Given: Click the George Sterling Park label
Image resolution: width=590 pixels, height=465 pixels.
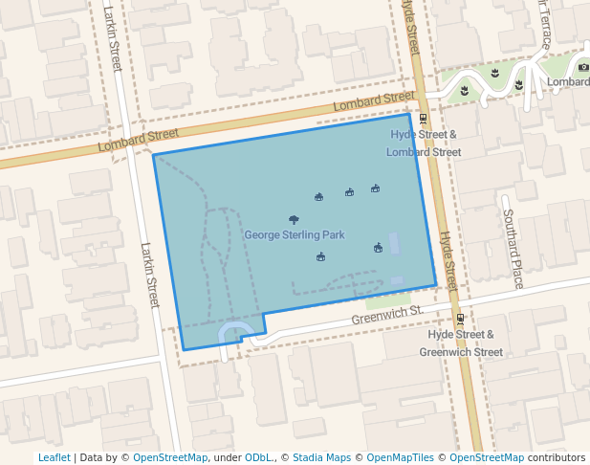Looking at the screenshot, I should (294, 234).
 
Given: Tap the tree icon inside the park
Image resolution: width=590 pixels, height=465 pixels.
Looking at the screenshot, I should (294, 220).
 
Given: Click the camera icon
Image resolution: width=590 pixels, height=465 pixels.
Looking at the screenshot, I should (583, 67).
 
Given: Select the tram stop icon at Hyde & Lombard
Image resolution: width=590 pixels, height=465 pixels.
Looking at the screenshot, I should (424, 118).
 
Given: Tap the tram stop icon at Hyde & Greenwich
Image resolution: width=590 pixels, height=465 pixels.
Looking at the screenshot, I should (460, 319).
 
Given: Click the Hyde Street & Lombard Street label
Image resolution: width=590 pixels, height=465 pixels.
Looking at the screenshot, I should (424, 144).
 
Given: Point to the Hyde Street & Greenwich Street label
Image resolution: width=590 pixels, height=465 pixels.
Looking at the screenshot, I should (465, 343).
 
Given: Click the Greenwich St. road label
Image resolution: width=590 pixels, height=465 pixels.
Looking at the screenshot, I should (386, 315).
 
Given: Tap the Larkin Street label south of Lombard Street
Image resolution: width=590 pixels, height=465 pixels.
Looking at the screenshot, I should (148, 275).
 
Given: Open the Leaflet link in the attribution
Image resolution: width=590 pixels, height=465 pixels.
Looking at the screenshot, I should (54, 457).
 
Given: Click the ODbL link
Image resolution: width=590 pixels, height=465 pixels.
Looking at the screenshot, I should (259, 457).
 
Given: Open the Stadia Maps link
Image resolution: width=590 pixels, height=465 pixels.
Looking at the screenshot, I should (321, 457).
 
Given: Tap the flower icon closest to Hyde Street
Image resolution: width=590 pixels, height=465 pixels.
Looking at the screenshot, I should (464, 90).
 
